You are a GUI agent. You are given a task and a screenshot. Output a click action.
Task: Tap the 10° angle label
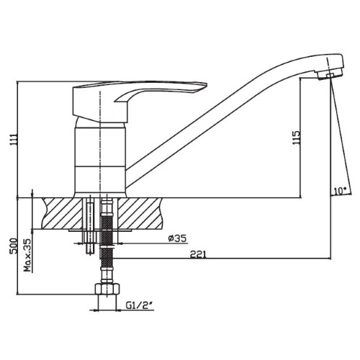click(x=339, y=191)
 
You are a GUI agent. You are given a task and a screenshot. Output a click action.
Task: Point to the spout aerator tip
click(x=330, y=73)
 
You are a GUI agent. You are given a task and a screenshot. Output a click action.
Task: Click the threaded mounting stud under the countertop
click(x=89, y=227)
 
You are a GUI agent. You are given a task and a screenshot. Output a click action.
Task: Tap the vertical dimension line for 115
click(x=302, y=137)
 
